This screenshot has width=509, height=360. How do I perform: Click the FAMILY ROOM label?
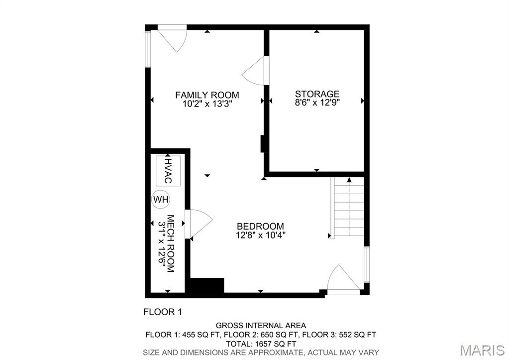click(207, 95)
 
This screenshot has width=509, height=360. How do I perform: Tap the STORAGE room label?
click(317, 94)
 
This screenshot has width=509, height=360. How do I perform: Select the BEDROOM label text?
click(260, 226)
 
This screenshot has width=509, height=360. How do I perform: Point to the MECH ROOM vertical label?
click(170, 243)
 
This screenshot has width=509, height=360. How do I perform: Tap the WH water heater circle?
click(161, 200)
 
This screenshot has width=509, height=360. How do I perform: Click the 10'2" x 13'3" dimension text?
click(207, 105)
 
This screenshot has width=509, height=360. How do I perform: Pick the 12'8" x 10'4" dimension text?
click(260, 235)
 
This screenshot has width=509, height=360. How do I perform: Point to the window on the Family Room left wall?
click(148, 50)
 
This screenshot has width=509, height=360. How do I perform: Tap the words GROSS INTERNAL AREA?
click(261, 326)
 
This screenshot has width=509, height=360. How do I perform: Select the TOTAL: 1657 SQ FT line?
click(261, 343)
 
